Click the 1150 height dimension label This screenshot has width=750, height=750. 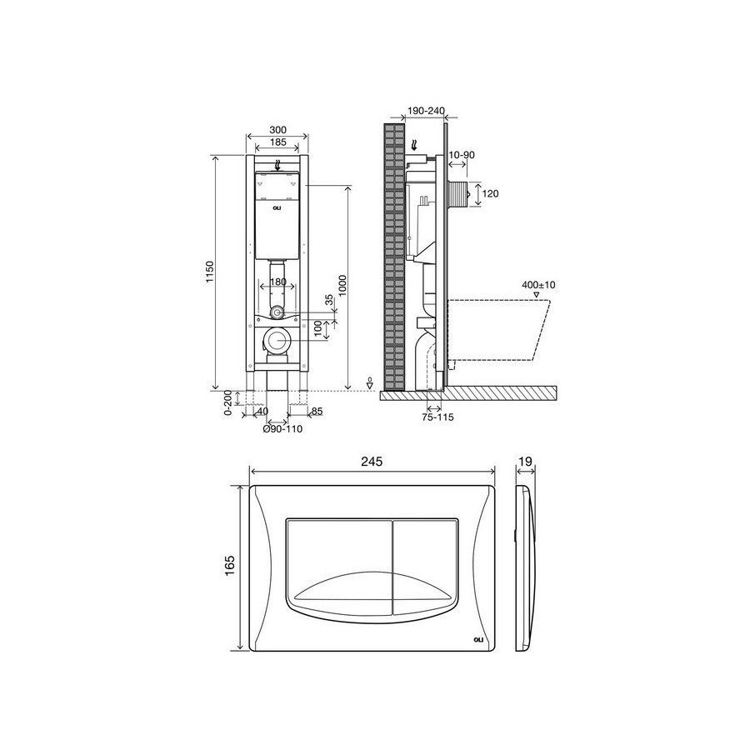click(x=211, y=272)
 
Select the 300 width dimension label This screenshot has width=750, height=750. click(x=277, y=130)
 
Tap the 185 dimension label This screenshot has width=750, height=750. click(x=277, y=142)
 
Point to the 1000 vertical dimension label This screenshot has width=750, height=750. click(x=342, y=286)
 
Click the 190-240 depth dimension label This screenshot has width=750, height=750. click(x=425, y=111)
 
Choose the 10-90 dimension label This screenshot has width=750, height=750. click(x=462, y=154)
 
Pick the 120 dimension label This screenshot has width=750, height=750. click(x=490, y=193)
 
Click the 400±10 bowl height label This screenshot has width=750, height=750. click(x=538, y=285)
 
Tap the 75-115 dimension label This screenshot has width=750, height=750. click(x=437, y=417)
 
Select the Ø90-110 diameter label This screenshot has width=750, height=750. click(x=282, y=429)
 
